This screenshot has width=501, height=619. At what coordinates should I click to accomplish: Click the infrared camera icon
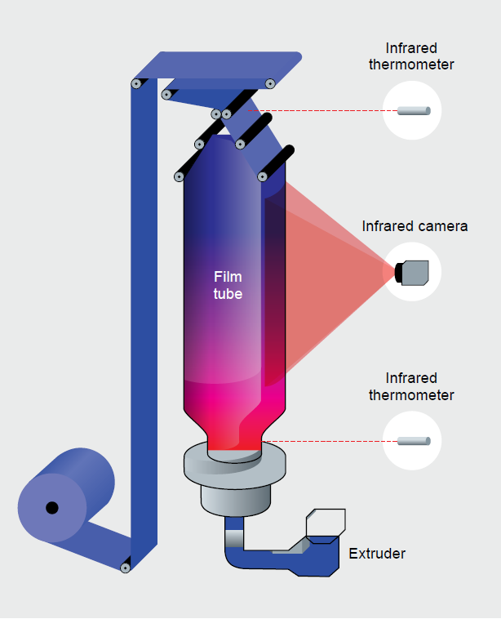[413, 271]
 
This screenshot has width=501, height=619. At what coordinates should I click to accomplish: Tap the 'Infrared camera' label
[415, 226]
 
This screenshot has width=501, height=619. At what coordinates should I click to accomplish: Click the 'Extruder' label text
[377, 554]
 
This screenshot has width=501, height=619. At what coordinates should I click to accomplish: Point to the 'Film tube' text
[228, 285]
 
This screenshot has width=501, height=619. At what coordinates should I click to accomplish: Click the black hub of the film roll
[52, 508]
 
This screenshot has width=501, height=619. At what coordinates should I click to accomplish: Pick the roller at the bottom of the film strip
[126, 567]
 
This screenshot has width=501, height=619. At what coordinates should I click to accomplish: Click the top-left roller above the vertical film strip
[135, 83]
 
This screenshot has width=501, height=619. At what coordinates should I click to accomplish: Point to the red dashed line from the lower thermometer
[326, 441]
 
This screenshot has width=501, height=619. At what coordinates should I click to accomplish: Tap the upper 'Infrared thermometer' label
[412, 55]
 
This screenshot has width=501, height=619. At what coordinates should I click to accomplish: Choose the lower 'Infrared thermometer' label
[412, 386]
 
